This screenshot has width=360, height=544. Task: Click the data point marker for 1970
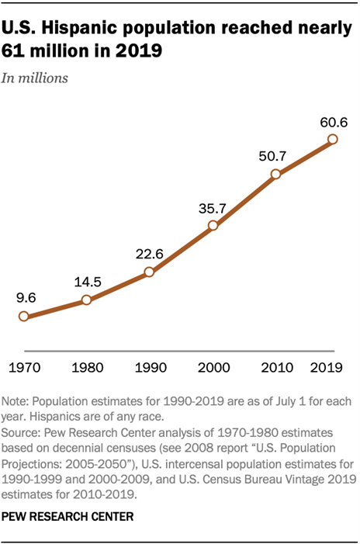pos(24,317)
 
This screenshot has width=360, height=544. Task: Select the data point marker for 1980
pos(86,300)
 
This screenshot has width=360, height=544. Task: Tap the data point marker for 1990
pos(148,272)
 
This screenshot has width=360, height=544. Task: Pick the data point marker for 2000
pos(211,227)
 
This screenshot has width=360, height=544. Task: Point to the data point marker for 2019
pos(333,140)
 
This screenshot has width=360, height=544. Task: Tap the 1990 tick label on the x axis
pos(148,365)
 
